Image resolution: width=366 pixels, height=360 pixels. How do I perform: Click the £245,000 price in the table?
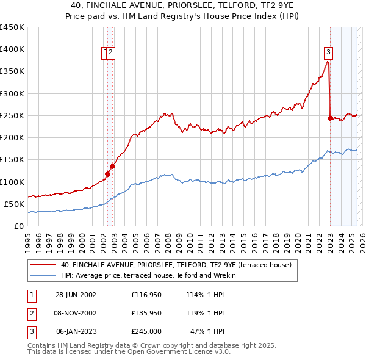[146, 331]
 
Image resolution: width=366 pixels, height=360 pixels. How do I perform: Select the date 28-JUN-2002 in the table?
[76, 295]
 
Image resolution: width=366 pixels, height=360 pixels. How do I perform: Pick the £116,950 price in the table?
[146, 295]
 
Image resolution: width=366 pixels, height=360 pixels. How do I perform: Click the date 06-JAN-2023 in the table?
[76, 331]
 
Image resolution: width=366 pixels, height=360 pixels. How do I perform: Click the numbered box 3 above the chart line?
[328, 53]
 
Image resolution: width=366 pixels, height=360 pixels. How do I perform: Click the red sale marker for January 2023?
[331, 118]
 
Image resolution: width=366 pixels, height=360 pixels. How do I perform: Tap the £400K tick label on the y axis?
[12, 49]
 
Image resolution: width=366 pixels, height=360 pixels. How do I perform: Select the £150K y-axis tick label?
[12, 160]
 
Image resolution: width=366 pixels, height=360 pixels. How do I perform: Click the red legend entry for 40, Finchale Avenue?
[176, 265]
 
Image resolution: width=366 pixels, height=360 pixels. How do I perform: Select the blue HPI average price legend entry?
[152, 275]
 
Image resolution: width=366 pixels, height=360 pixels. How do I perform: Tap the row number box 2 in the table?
[31, 313]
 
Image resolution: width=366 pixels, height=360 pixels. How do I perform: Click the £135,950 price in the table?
[146, 313]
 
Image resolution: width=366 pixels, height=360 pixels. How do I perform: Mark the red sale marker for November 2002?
[113, 166]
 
